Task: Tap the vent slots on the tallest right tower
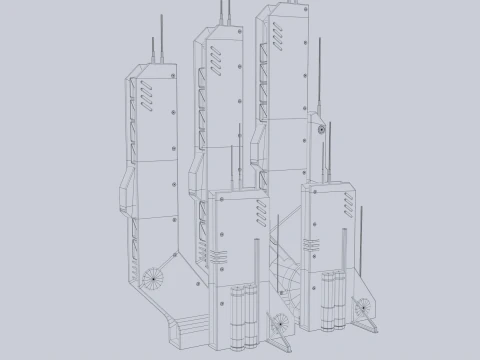tap(288, 33)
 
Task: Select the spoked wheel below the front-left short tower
tap(279, 323)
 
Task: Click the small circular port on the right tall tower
tap(322, 130)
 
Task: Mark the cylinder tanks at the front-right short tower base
tap(334, 298)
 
